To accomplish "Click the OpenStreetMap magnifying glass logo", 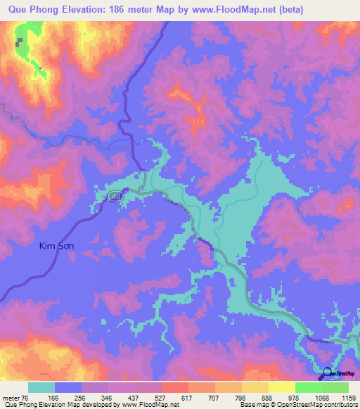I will (x=328, y=374).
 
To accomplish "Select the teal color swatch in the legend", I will (x=41, y=387).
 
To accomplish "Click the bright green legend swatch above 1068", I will (x=309, y=387).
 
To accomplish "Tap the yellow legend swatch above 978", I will (x=282, y=387).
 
